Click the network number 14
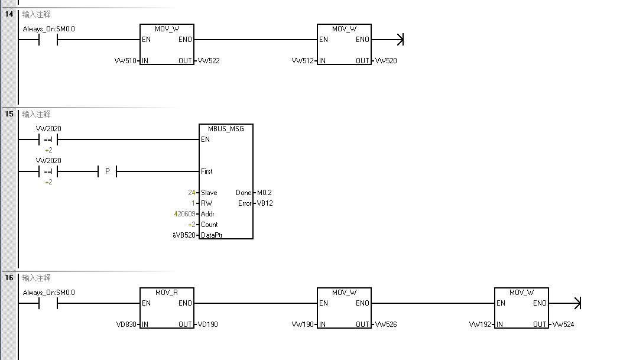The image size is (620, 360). click(x=9, y=14)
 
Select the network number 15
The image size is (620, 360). click(x=9, y=113)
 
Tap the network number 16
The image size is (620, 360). click(x=9, y=277)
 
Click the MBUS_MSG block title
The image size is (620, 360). click(x=226, y=129)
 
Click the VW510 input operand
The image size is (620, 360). click(x=126, y=61)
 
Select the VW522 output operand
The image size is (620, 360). click(x=209, y=61)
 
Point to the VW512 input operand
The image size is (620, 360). click(x=303, y=61)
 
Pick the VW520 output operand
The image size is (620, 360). click(x=386, y=61)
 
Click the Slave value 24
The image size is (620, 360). click(x=191, y=193)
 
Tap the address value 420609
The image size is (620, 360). click(x=184, y=214)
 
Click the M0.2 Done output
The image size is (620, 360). click(x=264, y=193)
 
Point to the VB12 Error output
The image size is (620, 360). click(x=264, y=203)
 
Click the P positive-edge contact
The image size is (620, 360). click(x=107, y=171)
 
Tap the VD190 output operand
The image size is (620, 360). click(x=208, y=325)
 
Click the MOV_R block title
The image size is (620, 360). click(x=167, y=293)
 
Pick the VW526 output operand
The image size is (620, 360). click(x=386, y=325)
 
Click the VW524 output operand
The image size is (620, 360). click(x=563, y=325)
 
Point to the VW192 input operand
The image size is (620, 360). click(x=481, y=325)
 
